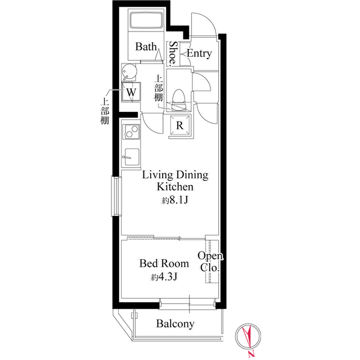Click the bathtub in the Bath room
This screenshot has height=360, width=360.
146,20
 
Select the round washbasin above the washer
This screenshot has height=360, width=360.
129,71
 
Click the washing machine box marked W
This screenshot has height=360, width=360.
131,92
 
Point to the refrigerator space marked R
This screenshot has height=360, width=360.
180,125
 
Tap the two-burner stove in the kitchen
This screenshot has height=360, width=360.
131,132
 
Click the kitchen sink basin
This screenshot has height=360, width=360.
131,156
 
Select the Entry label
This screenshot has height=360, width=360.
199,53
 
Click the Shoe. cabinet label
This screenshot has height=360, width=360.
173,53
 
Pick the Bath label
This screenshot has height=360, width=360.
146,47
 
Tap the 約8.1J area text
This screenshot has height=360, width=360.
175,200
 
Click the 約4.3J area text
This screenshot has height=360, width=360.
164,277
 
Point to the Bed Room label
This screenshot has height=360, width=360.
164,263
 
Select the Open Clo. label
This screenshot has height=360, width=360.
210,262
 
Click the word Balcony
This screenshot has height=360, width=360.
175,324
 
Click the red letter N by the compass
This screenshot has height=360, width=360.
252,354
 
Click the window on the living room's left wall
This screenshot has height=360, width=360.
116,196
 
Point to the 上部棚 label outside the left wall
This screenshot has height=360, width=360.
105,111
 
